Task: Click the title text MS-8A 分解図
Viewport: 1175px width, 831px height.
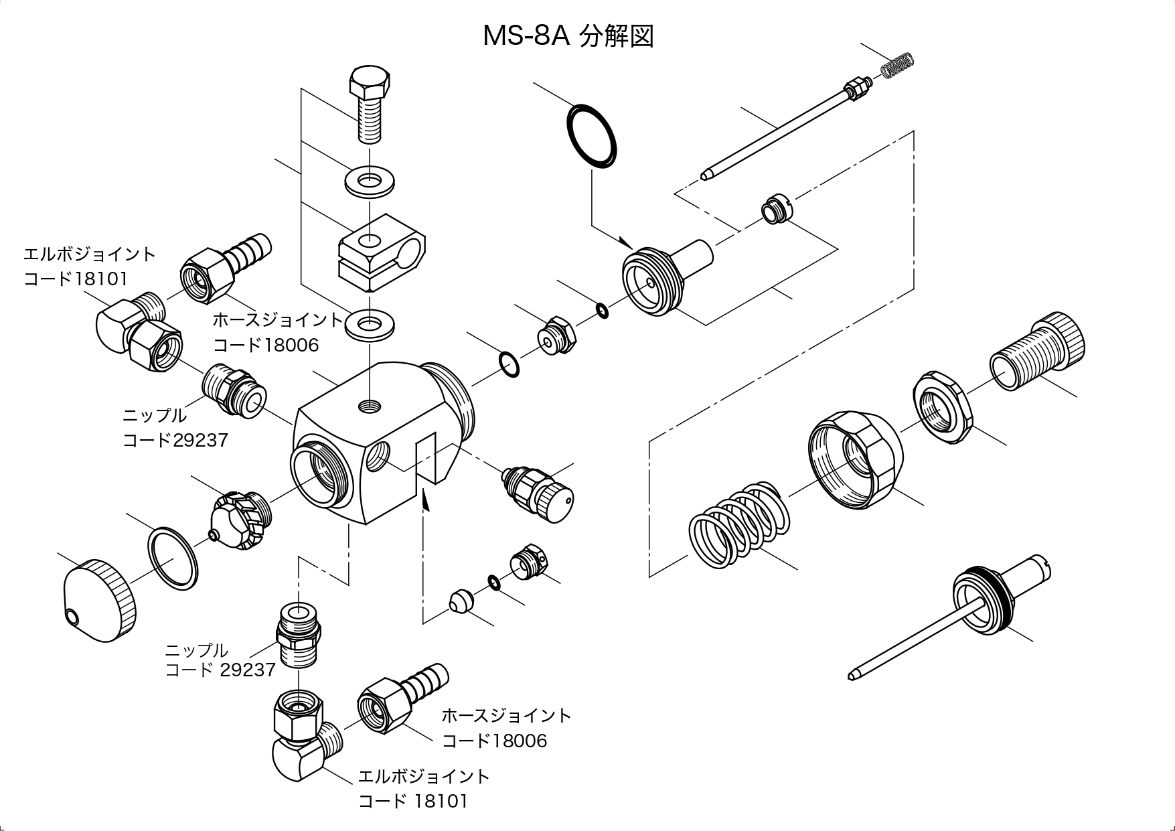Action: pos(568,36)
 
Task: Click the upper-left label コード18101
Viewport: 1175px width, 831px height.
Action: pos(75,279)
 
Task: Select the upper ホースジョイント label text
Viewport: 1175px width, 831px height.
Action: pos(278,319)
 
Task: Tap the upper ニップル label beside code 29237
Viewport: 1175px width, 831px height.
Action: pos(155,415)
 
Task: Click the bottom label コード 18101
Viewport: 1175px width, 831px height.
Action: pos(413,801)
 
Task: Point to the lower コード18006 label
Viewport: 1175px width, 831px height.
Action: pos(494,741)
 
